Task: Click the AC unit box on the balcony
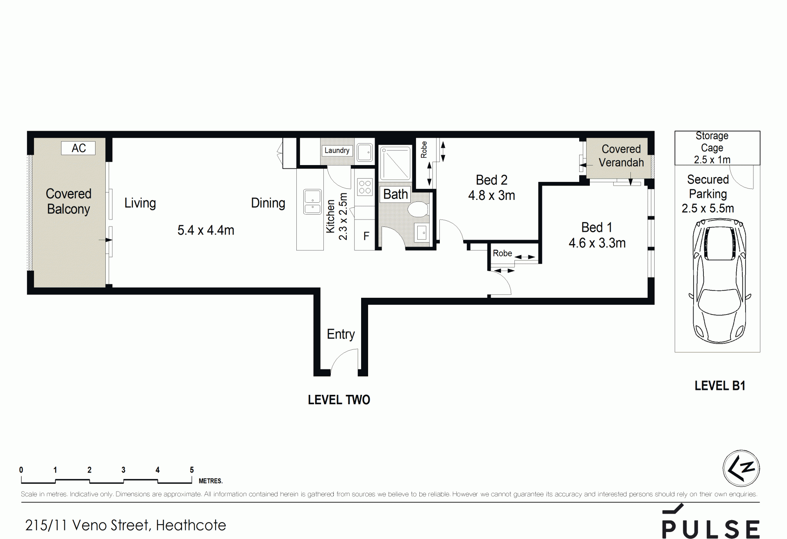coord(78,148)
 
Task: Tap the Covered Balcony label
coord(68,201)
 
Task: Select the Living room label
coord(140,203)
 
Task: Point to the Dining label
coord(268,203)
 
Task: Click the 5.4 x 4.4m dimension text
coord(206,230)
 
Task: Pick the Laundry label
coord(337,150)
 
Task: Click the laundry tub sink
coord(364,152)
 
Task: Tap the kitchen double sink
coord(312,202)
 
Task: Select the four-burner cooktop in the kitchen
coord(365,187)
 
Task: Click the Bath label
coord(396,194)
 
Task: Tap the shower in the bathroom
coord(396,163)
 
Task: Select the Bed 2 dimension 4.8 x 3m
coord(491,195)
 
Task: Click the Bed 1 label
coord(597,227)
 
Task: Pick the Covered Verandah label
coord(621,156)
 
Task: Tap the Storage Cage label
coord(712,142)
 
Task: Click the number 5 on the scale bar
coord(192,470)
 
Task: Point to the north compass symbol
coord(741,469)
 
